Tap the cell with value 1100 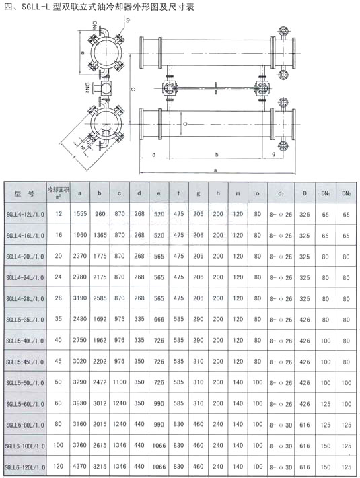[119, 382]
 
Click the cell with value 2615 [100, 446]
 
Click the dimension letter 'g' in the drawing [273, 154]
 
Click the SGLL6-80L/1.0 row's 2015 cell [100, 425]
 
